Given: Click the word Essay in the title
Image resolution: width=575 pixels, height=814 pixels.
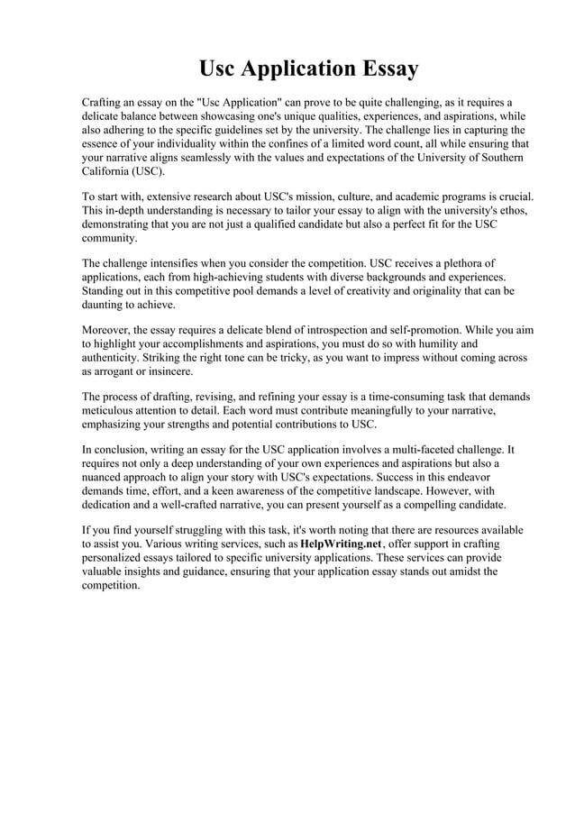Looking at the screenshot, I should click(384, 69).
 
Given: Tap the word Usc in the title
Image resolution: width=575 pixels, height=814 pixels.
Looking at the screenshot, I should click(220, 69).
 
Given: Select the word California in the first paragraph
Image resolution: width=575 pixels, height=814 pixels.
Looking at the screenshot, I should click(107, 171).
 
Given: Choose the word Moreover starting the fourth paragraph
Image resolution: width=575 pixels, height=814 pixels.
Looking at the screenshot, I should click(111, 330).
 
